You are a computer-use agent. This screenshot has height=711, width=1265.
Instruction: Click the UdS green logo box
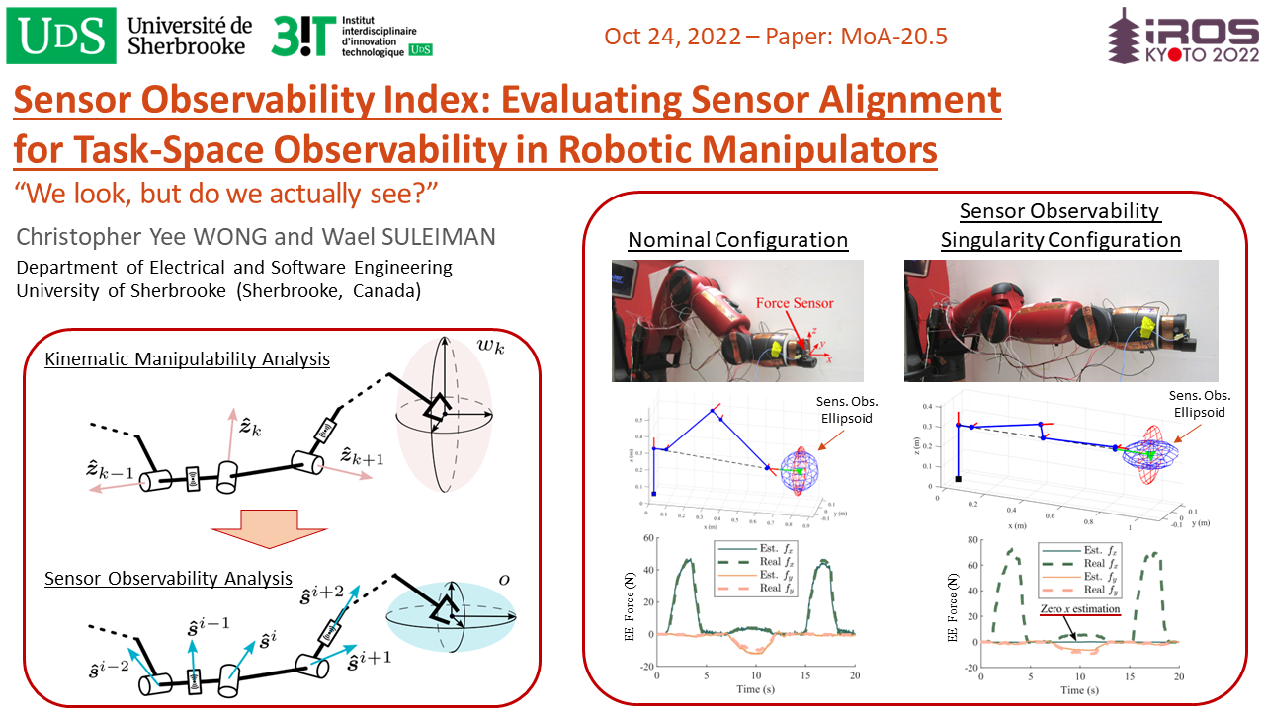62,35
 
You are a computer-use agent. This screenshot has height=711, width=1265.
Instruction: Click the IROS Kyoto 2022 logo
1182,39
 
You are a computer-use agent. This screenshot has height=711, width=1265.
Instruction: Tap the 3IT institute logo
353,36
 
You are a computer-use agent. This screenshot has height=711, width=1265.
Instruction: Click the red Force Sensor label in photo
795,303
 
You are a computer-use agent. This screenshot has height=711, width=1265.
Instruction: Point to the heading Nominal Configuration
737,240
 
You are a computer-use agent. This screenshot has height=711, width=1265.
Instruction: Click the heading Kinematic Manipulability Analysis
187,359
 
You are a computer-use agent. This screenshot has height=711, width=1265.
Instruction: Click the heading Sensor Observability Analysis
168,578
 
